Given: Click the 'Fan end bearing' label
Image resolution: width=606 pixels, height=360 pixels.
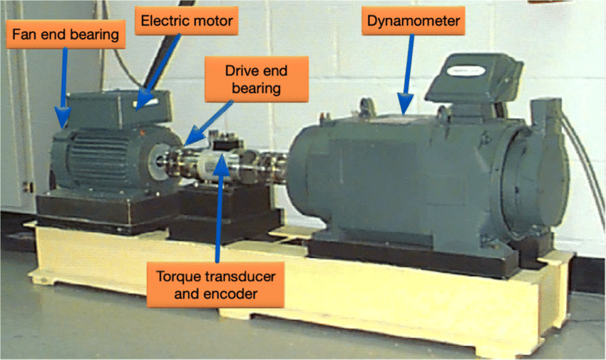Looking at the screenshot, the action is (66, 34).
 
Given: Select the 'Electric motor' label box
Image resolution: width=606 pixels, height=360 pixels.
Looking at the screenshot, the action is (186, 21).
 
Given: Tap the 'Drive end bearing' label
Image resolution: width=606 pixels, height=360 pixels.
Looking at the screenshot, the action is (256, 79).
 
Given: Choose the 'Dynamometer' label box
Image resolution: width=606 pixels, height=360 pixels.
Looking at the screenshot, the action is (413, 21).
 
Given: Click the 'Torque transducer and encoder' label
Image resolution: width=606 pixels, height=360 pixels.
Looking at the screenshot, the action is (215, 285).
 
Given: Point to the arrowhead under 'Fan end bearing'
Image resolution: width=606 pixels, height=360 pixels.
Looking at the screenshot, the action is (62, 117).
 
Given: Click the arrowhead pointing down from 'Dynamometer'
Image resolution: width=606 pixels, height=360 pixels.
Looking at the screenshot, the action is (405, 103).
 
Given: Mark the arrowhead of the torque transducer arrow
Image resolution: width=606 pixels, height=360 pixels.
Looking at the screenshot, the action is (222, 165).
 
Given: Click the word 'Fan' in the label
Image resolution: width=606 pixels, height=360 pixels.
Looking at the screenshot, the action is (25, 34).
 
